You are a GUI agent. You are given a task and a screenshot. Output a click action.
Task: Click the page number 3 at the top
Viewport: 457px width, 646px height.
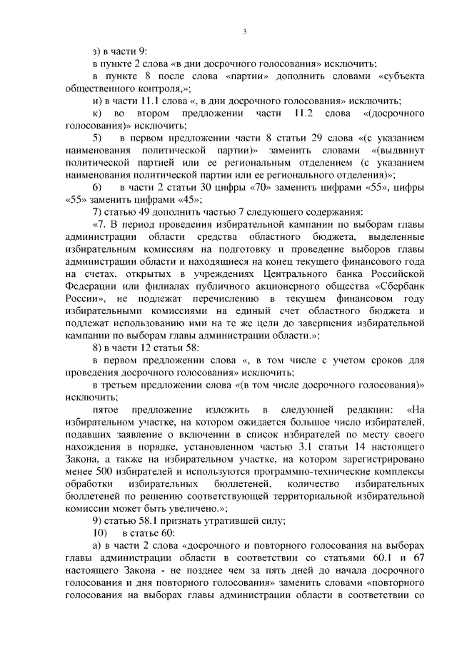[x=244, y=31]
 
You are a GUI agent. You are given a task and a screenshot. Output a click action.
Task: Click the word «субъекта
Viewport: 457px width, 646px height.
[x=397, y=76]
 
